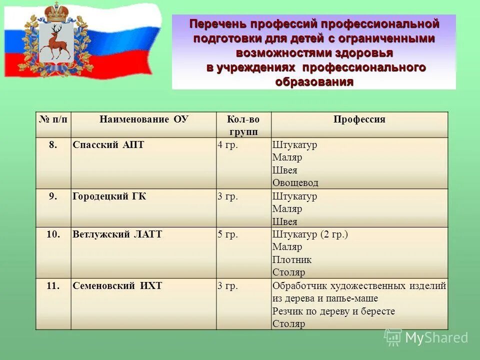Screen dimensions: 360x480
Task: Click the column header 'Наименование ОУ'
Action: (144, 119)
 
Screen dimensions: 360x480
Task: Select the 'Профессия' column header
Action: (359, 119)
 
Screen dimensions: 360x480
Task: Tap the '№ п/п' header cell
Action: (53, 119)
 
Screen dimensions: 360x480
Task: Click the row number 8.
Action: (53, 145)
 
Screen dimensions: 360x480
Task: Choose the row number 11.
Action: (53, 286)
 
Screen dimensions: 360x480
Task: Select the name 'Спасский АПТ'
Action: (108, 145)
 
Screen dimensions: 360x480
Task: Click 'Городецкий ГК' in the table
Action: (109, 196)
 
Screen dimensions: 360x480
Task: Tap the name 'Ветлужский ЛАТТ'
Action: (117, 234)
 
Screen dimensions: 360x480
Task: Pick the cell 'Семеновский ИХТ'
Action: (117, 286)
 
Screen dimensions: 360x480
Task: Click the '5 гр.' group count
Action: (227, 234)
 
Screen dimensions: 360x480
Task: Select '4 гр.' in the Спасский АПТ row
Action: (227, 145)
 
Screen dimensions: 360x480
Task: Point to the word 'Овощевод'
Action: (295, 183)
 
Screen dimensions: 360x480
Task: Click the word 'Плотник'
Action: (292, 260)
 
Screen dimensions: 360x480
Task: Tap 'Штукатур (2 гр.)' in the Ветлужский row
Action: (310, 234)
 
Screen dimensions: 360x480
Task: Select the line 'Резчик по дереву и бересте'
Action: (333, 311)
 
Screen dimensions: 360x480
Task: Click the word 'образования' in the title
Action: (314, 82)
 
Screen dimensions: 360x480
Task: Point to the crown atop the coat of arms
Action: (55, 11)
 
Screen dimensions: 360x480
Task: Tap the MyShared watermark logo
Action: (426, 338)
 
